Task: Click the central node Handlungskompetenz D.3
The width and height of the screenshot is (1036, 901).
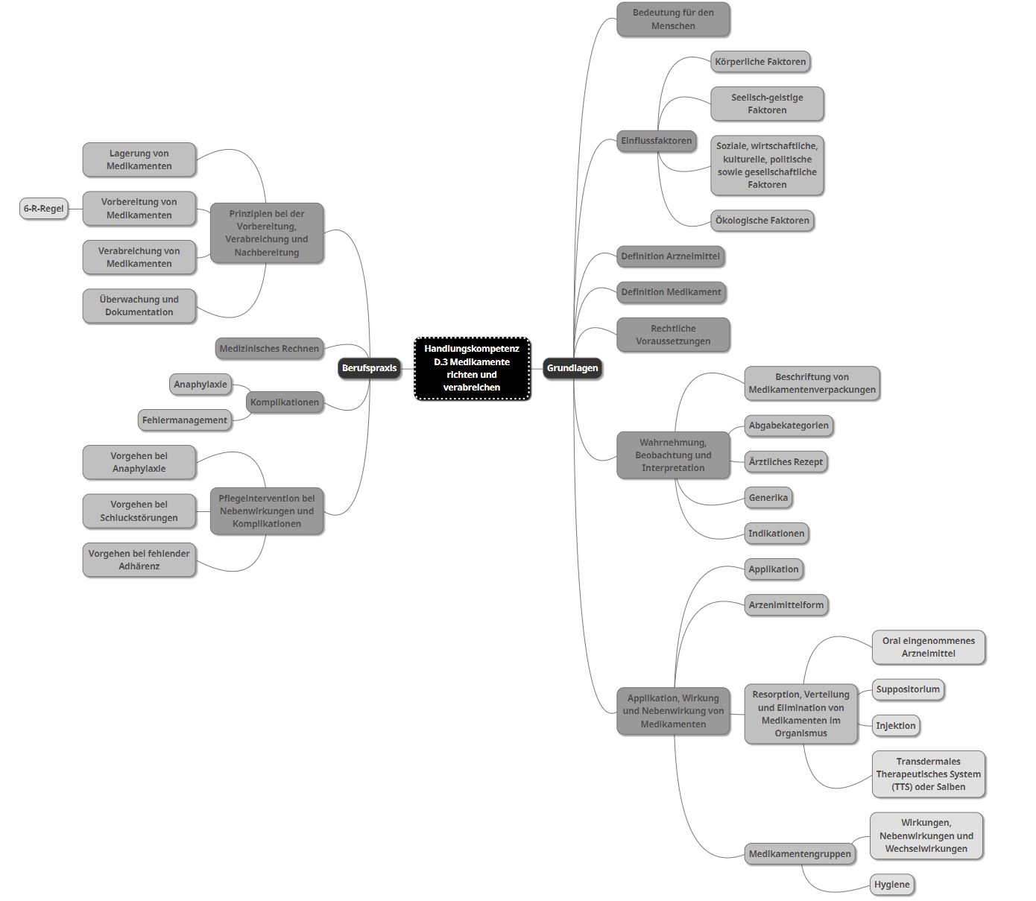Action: pyautogui.click(x=472, y=368)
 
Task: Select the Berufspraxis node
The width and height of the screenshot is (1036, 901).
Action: pyautogui.click(x=369, y=368)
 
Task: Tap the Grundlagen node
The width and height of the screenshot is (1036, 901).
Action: pyautogui.click(x=572, y=368)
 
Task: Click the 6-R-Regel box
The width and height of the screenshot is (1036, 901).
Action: pyautogui.click(x=43, y=209)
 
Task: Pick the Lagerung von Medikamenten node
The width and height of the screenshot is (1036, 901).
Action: pyautogui.click(x=139, y=159)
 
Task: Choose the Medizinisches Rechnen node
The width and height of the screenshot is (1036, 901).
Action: pyautogui.click(x=269, y=348)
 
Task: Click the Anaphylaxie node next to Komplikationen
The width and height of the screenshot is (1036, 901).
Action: pyautogui.click(x=200, y=385)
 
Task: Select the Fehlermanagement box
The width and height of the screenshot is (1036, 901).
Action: pyautogui.click(x=185, y=420)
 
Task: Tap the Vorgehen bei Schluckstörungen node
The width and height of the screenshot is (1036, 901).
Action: pyautogui.click(x=139, y=511)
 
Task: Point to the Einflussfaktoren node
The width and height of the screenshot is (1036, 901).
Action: pyautogui.click(x=656, y=141)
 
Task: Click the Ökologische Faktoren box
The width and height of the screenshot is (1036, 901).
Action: pyautogui.click(x=762, y=221)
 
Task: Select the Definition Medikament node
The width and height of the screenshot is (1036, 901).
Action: pyautogui.click(x=671, y=292)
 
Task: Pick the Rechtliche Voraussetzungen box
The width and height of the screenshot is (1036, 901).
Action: pyautogui.click(x=673, y=335)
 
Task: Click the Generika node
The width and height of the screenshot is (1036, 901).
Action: pyautogui.click(x=768, y=498)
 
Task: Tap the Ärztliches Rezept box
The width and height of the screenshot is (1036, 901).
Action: pyautogui.click(x=786, y=461)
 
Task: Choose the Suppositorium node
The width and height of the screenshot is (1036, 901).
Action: pyautogui.click(x=908, y=689)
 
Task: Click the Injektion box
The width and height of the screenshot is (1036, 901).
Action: pyautogui.click(x=896, y=725)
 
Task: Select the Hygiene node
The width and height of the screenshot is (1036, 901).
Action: pyautogui.click(x=891, y=885)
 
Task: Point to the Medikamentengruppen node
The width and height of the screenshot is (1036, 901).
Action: pyautogui.click(x=800, y=854)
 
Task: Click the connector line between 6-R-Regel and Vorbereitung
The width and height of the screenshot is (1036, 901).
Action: pyautogui.click(x=75, y=209)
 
